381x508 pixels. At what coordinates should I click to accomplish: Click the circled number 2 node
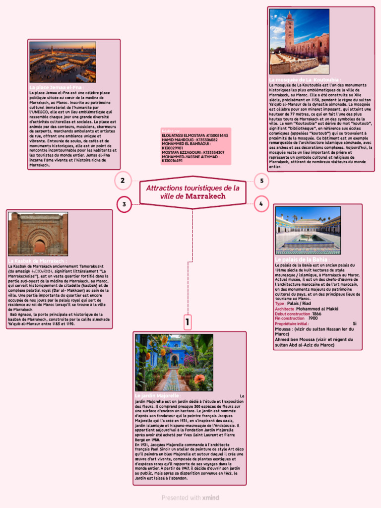pos(123,181)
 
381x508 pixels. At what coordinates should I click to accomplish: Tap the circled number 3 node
pos(124,204)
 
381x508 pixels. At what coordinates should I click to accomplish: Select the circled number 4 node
pos(261,203)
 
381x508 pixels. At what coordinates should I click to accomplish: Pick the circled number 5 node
pos(261,181)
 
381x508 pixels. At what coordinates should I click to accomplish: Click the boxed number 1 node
pos(188,322)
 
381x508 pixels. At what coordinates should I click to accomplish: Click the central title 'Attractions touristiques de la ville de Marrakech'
pos(192,192)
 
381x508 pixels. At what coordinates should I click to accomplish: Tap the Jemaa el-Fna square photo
pos(63,62)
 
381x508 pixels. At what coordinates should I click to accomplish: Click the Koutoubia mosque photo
pos(299,42)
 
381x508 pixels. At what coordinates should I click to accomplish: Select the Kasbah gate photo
pos(38,234)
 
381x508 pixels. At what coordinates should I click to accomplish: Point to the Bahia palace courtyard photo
pos(308,230)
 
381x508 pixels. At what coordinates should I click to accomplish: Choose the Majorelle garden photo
pos(174,363)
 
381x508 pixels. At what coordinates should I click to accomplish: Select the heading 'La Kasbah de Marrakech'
pos(38,261)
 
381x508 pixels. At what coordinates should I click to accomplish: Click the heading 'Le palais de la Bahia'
pos(302,259)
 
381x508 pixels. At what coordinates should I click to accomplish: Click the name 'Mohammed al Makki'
pos(317,309)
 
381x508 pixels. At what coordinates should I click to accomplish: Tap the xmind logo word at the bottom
pos(210,498)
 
